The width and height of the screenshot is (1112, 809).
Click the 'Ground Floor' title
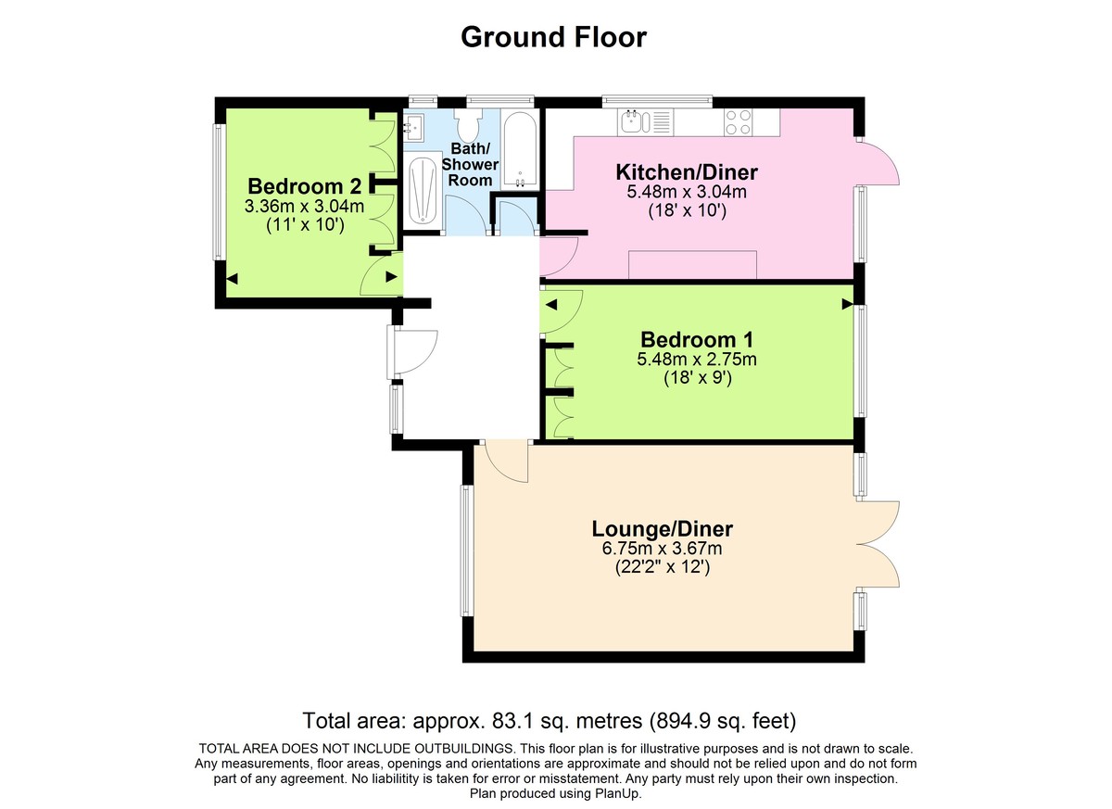coord(553,38)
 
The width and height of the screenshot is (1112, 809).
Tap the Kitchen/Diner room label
coord(687,172)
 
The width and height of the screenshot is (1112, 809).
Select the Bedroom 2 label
coord(305,186)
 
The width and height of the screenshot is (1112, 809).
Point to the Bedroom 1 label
coord(697,340)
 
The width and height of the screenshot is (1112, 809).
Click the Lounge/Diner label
coord(663,529)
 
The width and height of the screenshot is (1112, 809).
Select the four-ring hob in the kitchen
coord(738,122)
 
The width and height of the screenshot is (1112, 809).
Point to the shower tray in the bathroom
coord(423,191)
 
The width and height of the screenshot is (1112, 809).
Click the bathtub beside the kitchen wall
coord(519,149)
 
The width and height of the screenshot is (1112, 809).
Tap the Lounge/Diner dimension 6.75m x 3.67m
coord(663,549)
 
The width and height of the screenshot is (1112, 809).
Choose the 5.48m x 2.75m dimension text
coord(697,360)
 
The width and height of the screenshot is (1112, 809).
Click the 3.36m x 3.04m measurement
coord(304,207)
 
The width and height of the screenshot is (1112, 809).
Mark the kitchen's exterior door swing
coord(878,160)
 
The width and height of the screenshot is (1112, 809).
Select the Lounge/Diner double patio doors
coord(878,545)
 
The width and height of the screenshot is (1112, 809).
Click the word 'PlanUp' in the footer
coord(620,794)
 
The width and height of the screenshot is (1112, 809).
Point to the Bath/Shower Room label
coord(470,164)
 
